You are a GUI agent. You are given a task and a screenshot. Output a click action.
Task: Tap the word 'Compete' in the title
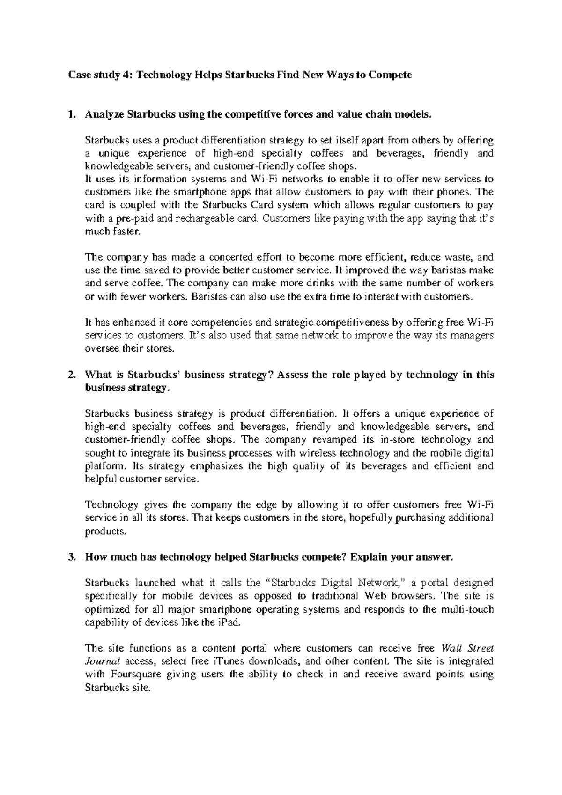pyautogui.click(x=390, y=75)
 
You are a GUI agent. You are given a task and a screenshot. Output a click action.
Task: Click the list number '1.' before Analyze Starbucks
pyautogui.click(x=71, y=114)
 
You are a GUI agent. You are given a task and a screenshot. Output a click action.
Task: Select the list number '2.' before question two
pyautogui.click(x=71, y=375)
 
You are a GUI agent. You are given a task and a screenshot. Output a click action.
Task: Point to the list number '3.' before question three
pyautogui.click(x=71, y=557)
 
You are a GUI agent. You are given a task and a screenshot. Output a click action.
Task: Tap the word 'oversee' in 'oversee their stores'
pyautogui.click(x=96, y=349)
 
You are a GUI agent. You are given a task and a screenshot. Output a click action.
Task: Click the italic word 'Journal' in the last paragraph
pyautogui.click(x=102, y=662)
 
